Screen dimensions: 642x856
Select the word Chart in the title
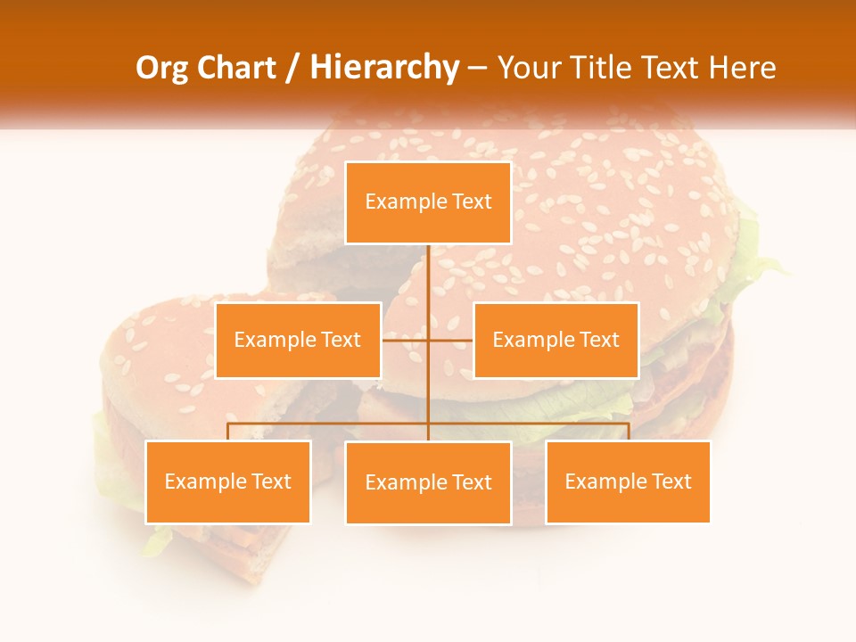click(238, 68)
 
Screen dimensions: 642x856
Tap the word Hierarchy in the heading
click(384, 68)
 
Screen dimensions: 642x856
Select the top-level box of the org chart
click(428, 202)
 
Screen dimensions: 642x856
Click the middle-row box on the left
click(298, 340)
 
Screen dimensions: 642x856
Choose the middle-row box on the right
click(556, 340)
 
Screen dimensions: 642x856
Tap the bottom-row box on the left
click(227, 482)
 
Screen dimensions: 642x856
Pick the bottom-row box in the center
click(428, 482)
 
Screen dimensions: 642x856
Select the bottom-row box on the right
click(628, 482)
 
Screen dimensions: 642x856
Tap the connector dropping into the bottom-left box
click(227, 432)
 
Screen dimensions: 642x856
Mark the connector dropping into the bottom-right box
click(629, 432)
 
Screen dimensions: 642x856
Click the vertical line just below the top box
click(428, 267)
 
